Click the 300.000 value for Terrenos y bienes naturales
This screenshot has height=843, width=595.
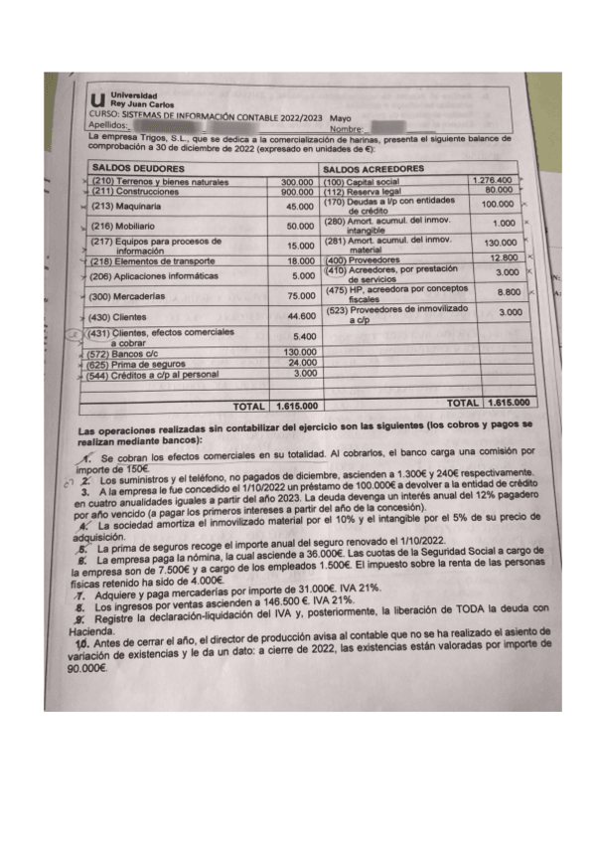point(297,182)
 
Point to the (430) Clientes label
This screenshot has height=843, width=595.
point(113,316)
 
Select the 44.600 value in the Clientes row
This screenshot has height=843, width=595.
point(300,316)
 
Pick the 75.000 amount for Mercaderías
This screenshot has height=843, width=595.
point(300,295)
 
